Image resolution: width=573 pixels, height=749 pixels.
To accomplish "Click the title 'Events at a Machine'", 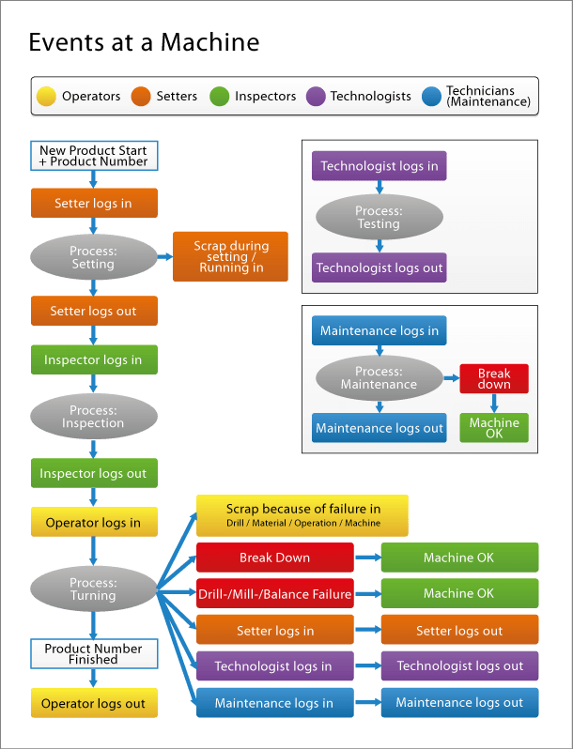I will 144,42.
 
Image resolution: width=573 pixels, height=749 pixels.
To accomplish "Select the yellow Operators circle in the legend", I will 46,96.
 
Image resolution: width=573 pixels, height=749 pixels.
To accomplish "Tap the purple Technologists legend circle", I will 316,96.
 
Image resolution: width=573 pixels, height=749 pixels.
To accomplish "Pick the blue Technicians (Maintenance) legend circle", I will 432,96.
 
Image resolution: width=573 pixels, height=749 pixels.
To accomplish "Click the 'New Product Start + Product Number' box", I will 94,156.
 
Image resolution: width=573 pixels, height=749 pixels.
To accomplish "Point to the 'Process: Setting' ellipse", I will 94,257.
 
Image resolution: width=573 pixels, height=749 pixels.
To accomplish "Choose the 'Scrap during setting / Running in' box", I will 231,256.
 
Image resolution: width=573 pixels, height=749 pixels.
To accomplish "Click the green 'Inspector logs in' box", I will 94,359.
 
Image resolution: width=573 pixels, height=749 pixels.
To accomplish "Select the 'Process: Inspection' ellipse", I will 94,417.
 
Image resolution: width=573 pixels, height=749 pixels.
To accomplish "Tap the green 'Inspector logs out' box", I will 94,473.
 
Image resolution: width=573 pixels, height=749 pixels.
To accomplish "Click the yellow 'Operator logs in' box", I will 94,522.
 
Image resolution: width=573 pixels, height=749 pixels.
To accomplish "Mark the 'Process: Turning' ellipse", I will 94,589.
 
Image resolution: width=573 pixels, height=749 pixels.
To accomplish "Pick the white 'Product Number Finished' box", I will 94,653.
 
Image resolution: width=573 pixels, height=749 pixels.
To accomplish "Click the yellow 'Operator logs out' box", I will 94,703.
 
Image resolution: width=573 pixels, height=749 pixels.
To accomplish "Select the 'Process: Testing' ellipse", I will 379,218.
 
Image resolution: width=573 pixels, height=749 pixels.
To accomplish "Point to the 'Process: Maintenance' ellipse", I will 379,378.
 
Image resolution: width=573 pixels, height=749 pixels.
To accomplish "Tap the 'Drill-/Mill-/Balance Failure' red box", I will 274,593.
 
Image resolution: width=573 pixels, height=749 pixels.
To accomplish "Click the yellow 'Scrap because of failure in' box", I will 302,515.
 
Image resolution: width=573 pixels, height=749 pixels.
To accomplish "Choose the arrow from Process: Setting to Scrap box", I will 165,256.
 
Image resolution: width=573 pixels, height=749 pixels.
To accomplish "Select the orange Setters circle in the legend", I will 141,96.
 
